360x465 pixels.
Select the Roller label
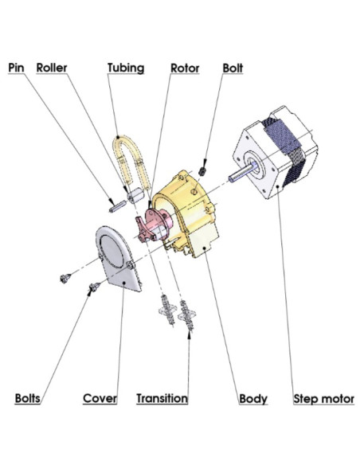[x=52, y=68]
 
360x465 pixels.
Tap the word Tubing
[x=126, y=68]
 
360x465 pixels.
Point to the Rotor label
[x=185, y=68]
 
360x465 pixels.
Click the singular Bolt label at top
[x=233, y=68]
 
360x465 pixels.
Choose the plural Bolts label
[x=29, y=398]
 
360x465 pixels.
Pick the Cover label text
[x=100, y=398]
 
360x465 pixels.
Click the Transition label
[x=162, y=398]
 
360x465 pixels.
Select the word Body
[x=253, y=398]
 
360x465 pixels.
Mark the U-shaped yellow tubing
[x=127, y=163]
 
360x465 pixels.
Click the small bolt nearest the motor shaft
[x=205, y=168]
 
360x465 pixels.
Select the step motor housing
[x=275, y=159]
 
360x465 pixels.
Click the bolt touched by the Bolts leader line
[x=93, y=286]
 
